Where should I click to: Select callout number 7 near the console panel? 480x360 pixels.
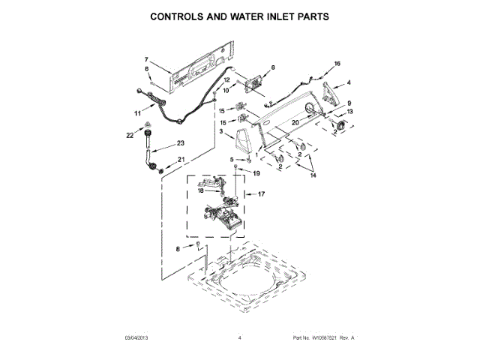tap(147, 59)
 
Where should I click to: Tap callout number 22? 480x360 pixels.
tap(130, 135)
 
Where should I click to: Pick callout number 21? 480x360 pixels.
tap(181, 159)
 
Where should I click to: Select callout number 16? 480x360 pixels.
tap(337, 64)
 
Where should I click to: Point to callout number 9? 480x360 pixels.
tap(349, 103)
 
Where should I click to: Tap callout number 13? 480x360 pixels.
tap(349, 112)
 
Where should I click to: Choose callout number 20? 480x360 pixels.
tap(295, 122)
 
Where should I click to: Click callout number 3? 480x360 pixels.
tap(221, 132)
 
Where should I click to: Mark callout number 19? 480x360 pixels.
tap(255, 173)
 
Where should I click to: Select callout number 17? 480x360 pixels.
tap(262, 194)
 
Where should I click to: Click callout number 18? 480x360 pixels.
tap(200, 191)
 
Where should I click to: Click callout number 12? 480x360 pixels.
tap(226, 80)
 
